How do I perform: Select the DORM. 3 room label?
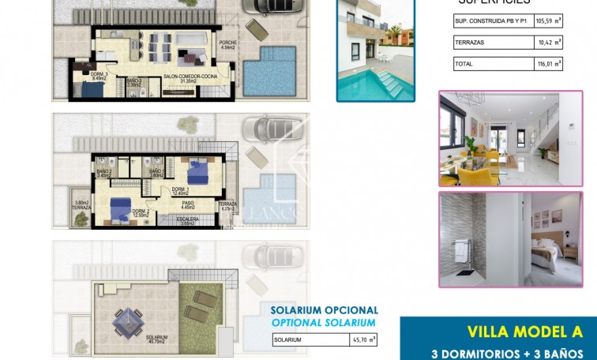point(77,76)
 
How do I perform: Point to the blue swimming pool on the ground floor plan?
point(269,69)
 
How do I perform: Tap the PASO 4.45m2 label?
point(188,206)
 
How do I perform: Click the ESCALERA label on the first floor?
point(187,220)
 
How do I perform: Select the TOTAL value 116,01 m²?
point(546,63)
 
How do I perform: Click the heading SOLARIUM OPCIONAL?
point(324,311)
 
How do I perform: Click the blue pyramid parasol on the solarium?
point(126,321)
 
